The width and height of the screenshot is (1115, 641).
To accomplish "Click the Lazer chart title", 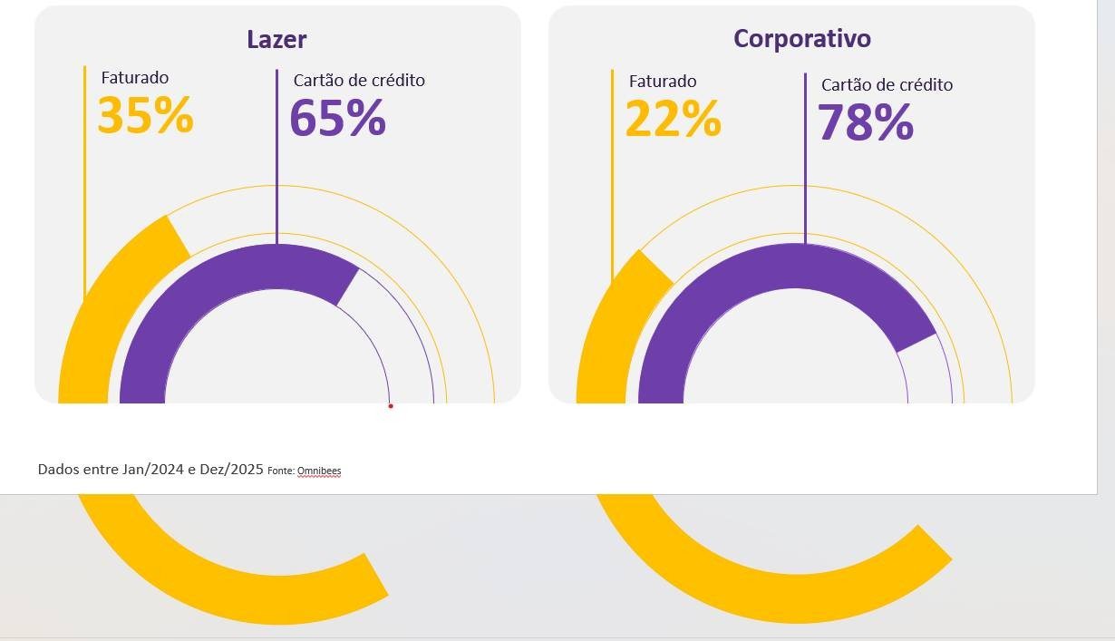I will [x=276, y=40].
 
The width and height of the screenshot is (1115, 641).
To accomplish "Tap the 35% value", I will [x=145, y=116].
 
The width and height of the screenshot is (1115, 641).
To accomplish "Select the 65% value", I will [x=337, y=119].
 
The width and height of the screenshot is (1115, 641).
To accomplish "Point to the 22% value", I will [x=673, y=119].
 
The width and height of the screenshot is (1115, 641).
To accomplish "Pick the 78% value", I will [x=865, y=123].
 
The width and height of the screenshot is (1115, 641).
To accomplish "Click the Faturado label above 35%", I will [x=134, y=79].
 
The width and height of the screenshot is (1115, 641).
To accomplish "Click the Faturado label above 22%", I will [x=663, y=82].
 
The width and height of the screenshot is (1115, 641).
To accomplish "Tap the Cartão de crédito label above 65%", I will [x=359, y=81].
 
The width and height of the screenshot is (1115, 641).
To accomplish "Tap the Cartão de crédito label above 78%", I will [x=887, y=85].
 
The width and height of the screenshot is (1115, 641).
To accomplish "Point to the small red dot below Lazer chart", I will [x=391, y=406].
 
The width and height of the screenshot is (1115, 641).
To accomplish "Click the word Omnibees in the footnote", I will [x=319, y=471].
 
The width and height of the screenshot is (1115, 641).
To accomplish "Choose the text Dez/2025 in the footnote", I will [x=235, y=470].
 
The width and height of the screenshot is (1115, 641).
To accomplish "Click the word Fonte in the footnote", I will [x=281, y=471].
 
